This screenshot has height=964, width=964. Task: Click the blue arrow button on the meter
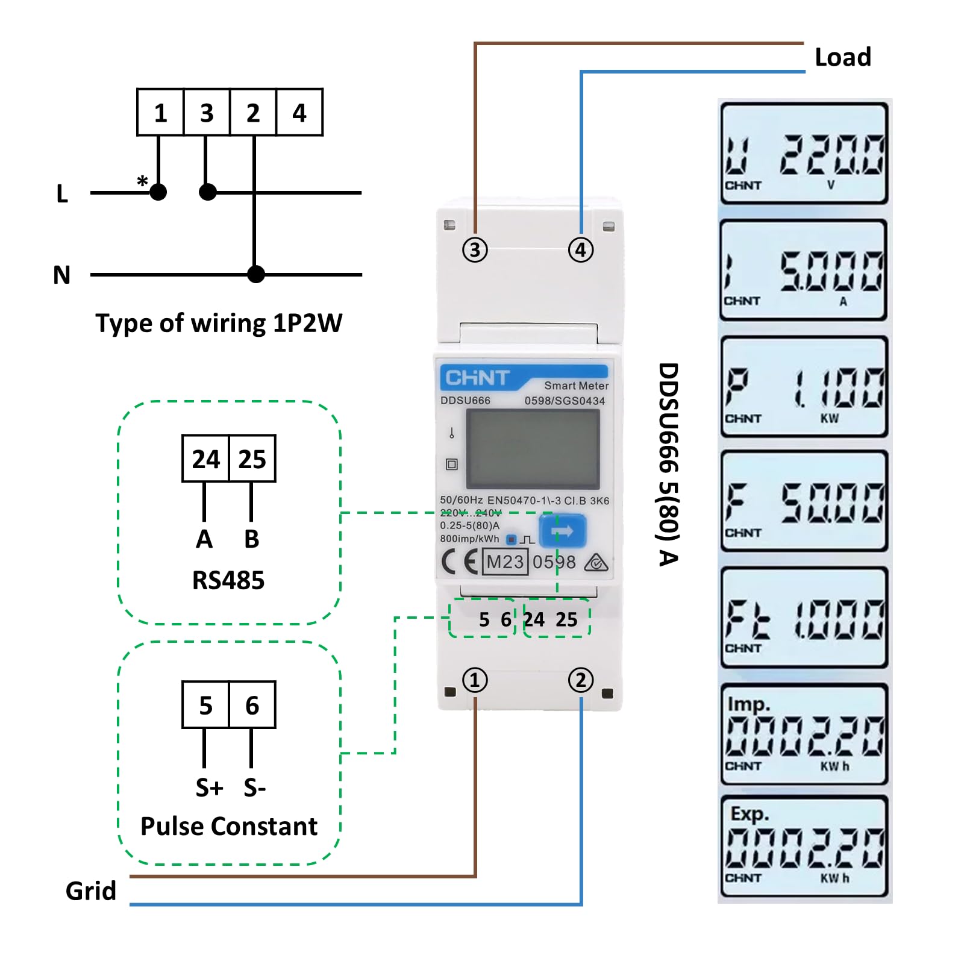(562, 531)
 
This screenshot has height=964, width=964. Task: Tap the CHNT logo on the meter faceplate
(477, 378)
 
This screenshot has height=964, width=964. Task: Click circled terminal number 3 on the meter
(475, 249)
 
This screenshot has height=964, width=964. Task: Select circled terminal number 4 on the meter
(581, 249)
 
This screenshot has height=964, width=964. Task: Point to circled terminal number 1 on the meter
(475, 680)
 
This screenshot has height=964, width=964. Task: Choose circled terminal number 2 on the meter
(581, 680)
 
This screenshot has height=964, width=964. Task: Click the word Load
(842, 57)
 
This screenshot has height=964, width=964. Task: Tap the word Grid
(90, 890)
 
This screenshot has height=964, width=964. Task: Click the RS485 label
(228, 580)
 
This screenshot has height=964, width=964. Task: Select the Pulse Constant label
(228, 826)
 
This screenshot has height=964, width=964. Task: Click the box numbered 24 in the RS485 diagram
(205, 459)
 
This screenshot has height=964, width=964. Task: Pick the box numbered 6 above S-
(252, 705)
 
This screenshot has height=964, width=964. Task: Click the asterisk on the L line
(142, 181)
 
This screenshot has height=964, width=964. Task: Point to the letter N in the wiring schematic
(61, 275)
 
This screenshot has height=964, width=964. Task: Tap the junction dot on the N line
(256, 275)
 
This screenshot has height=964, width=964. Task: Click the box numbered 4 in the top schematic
(299, 113)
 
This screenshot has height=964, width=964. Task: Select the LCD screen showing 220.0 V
(804, 153)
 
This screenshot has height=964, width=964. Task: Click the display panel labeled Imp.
(804, 734)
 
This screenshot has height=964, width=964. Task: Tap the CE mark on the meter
(460, 562)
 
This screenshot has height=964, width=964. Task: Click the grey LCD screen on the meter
(533, 449)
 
